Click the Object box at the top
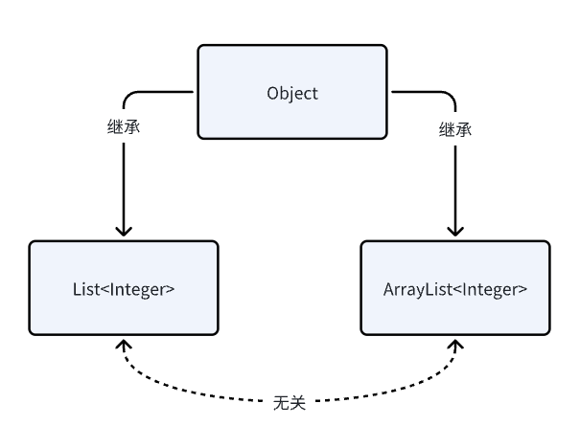tap(291, 94)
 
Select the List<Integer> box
tap(124, 288)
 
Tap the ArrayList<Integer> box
tap(455, 288)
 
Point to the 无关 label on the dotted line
tap(290, 402)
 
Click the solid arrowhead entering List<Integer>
tap(124, 231)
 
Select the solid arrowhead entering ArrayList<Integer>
tap(455, 231)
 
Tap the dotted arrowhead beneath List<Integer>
tap(124, 344)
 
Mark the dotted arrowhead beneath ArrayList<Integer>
tap(455, 344)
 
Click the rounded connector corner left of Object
tap(129, 97)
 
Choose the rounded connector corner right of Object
tap(450, 97)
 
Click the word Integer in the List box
tap(145, 288)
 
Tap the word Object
tap(291, 94)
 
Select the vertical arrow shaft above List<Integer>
tap(124, 182)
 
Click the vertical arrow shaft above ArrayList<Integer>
tap(455, 182)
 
